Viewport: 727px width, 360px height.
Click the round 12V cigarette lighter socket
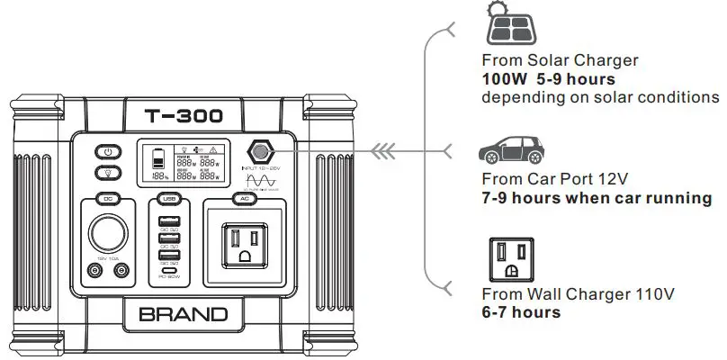[106, 230]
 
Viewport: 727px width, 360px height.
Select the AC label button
[244, 198]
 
